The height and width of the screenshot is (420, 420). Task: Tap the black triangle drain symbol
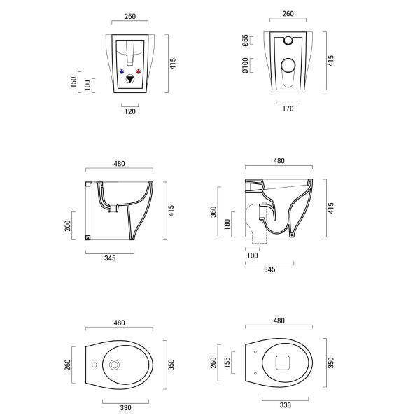(131, 80)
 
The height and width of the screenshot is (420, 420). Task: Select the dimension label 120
(130, 111)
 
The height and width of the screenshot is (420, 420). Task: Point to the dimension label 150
(73, 83)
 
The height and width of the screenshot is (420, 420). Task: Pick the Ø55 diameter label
(245, 41)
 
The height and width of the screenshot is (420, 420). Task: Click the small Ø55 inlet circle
(286, 40)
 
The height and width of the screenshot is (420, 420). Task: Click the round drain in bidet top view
(115, 364)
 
